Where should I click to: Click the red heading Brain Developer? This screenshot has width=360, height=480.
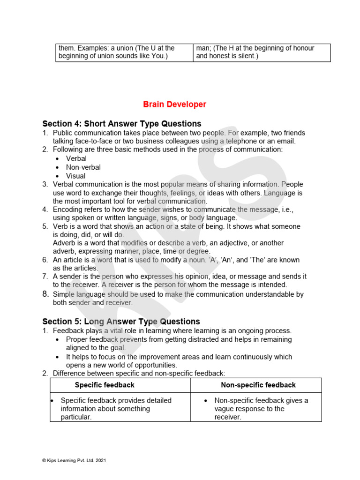[174, 105]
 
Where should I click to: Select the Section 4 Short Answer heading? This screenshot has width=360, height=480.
[122, 124]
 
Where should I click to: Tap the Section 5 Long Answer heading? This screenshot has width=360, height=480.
[121, 322]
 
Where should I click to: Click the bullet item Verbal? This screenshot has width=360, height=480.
[76, 158]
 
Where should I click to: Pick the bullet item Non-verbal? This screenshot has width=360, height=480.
[83, 167]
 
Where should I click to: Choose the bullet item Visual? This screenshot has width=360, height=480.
[75, 176]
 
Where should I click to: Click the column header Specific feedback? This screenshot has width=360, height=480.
[105, 385]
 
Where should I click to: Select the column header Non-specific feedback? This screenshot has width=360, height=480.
[258, 385]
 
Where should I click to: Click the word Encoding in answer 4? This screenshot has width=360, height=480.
[67, 210]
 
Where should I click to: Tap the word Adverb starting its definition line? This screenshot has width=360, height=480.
[64, 243]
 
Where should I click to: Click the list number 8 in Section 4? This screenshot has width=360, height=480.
[45, 294]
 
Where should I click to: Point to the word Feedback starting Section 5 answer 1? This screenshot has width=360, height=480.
[68, 331]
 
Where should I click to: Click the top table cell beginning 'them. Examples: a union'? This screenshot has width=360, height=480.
[124, 52]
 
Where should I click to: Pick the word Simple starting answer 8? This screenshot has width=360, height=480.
[64, 294]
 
